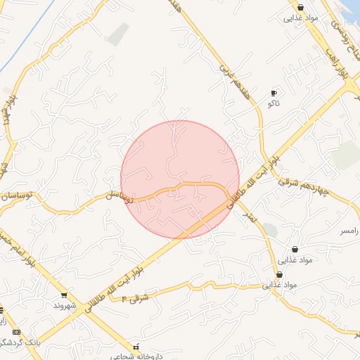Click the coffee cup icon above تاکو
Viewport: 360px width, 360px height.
point(274,93)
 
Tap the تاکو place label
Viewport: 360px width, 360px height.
point(274,103)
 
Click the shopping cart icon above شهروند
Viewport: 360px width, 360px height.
point(64,296)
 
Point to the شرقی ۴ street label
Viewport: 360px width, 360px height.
point(135,299)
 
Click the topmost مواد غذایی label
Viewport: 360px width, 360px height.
point(302,18)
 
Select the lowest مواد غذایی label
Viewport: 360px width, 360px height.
point(281,285)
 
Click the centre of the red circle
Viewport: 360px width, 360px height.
point(180,180)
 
